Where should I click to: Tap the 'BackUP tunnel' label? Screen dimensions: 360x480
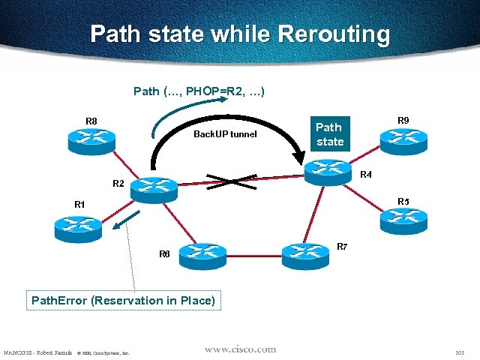pyautogui.click(x=225, y=134)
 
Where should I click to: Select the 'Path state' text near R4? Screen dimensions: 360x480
pyautogui.click(x=329, y=134)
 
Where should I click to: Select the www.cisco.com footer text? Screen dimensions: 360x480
pyautogui.click(x=240, y=349)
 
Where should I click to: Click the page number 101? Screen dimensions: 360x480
pyautogui.click(x=460, y=352)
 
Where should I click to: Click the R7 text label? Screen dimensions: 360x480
pyautogui.click(x=342, y=246)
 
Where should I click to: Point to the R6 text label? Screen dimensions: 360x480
pyautogui.click(x=164, y=254)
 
